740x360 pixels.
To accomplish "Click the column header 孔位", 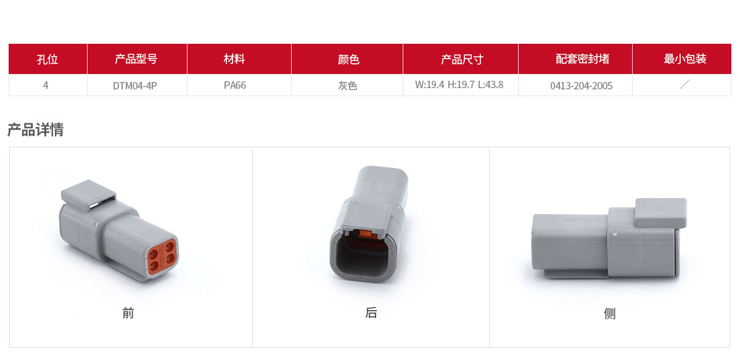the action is click(47, 59).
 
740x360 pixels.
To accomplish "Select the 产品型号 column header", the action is click(136, 59).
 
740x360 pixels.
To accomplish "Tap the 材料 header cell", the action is click(234, 59).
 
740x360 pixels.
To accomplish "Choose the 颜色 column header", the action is click(348, 59).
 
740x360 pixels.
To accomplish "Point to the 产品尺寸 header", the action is click(462, 59).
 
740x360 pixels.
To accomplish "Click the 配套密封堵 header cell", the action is click(582, 59).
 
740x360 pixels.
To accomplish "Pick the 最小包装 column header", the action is click(685, 59).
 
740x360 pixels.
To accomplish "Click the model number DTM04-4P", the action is click(135, 86).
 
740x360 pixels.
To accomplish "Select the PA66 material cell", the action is click(235, 85).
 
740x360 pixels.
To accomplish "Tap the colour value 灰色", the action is click(348, 86).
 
